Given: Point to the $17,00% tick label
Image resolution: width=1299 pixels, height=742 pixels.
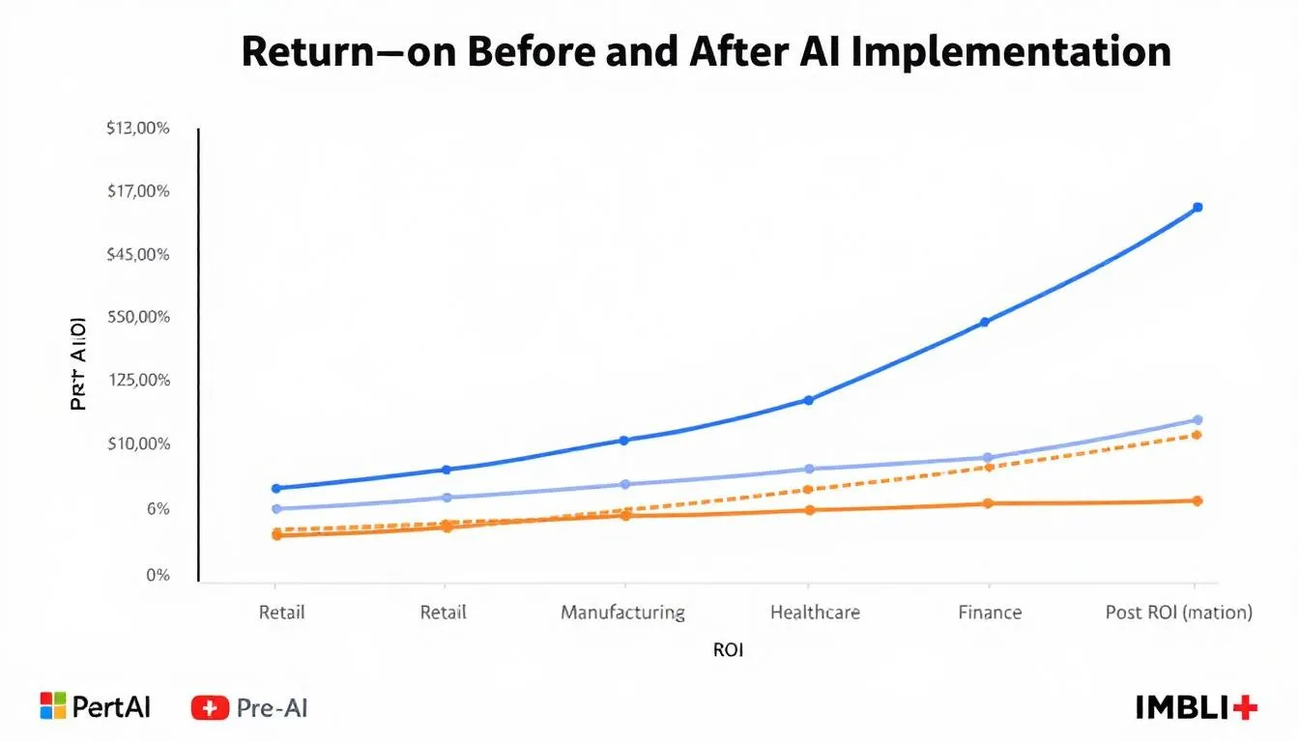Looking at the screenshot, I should pos(139,191).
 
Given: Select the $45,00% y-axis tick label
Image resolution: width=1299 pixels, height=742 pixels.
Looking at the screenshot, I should pos(139,255).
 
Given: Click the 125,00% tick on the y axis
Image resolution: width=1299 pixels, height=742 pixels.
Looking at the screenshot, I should pos(141,381).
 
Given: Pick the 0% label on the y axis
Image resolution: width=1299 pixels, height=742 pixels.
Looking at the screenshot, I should pos(158,576).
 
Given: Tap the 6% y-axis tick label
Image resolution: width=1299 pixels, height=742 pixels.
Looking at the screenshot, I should pos(158,509).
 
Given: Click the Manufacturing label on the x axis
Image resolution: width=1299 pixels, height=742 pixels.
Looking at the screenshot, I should pos(622,613).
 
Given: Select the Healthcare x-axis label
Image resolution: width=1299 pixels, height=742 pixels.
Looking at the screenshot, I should pos(815,613).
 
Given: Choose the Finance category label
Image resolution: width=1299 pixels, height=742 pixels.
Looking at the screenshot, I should pos(990,613).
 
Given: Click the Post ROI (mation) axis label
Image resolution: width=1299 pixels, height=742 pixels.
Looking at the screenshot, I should pos(1178,613).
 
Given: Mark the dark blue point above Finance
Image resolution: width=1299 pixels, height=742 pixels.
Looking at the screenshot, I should pos(985,322).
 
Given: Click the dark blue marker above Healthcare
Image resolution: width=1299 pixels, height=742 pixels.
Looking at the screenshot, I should pos(808,400).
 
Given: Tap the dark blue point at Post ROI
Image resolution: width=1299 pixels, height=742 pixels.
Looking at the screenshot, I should pos(1198,207).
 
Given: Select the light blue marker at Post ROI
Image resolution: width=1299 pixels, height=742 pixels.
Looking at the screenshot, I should pos(1198,419).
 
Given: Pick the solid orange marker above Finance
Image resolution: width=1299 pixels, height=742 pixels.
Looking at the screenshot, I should pos(988,503).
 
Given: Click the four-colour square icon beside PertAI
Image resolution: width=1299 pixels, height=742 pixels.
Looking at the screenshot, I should pos(52,706).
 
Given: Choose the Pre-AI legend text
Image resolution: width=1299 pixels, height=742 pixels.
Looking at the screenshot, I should pos(272,708).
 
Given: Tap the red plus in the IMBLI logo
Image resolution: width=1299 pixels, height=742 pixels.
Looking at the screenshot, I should pos(1246,707).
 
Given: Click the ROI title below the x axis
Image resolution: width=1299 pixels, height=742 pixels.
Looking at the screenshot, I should pos(728,650).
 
